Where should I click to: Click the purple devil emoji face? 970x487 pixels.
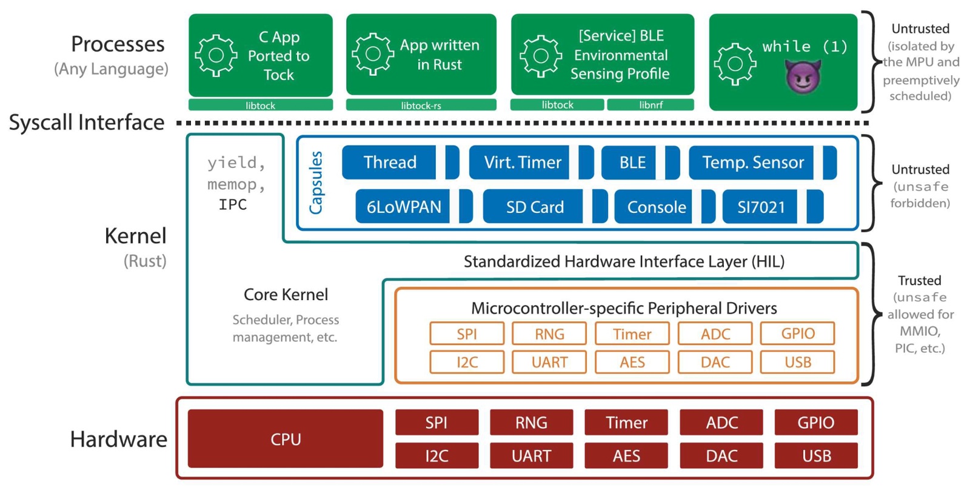(x=803, y=76)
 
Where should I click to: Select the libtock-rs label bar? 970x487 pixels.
(x=421, y=105)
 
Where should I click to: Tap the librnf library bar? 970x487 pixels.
(x=651, y=105)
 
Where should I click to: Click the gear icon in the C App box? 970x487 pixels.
(x=216, y=56)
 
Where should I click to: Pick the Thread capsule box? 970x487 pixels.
(x=389, y=163)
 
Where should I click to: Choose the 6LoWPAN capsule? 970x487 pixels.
(x=403, y=207)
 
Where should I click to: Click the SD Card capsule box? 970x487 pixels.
(x=534, y=207)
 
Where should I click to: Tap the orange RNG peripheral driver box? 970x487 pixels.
(x=549, y=334)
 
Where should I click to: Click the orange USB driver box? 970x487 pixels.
(x=797, y=362)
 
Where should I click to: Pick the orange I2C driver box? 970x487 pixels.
(x=467, y=362)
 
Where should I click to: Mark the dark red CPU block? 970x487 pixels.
(x=286, y=438)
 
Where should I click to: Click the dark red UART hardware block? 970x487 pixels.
(x=531, y=455)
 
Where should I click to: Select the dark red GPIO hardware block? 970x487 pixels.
(x=815, y=422)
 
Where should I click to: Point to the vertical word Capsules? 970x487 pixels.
(x=316, y=183)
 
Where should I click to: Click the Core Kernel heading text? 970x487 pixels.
(x=286, y=295)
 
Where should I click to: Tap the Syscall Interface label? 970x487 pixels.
(x=87, y=123)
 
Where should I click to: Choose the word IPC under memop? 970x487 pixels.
(x=233, y=205)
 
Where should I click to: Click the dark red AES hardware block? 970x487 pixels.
(x=626, y=455)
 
